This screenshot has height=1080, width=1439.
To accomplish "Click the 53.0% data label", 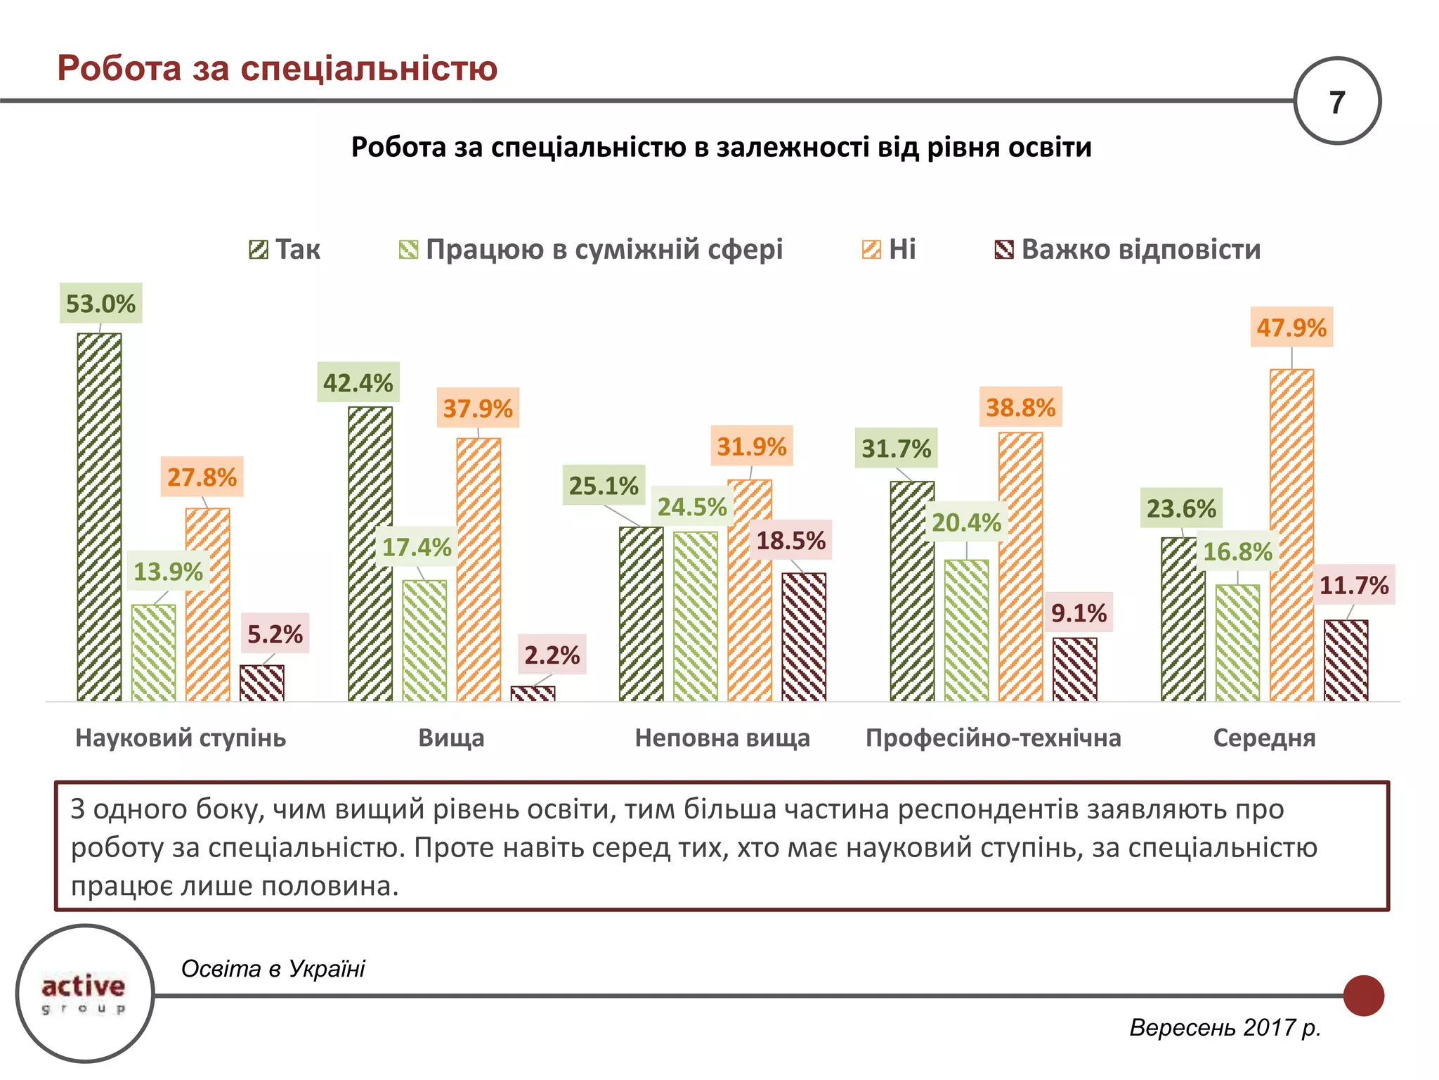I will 100,304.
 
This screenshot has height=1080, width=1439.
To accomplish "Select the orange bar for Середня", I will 1291,534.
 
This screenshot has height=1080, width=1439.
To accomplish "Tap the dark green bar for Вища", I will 370,553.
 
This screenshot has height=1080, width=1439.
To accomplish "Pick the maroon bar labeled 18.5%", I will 804,636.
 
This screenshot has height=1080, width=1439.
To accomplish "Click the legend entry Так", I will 285,250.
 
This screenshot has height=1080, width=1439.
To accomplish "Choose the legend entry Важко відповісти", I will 1128,250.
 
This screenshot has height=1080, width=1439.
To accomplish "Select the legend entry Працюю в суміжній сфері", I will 591,250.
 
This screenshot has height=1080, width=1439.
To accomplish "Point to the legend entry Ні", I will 890,250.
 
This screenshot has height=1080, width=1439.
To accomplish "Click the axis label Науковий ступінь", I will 181,738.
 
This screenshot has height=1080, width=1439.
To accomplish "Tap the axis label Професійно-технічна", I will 993,738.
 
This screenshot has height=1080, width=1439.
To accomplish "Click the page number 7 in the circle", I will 1336,102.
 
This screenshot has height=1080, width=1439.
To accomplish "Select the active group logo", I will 84,992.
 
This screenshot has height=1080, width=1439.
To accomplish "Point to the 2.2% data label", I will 552,655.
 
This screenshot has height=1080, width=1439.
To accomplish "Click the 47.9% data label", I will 1291,328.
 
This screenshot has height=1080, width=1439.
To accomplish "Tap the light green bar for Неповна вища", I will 696,616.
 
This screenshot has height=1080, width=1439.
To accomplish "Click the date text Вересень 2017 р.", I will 1225,1027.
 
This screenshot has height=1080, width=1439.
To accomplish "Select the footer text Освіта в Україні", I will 273,968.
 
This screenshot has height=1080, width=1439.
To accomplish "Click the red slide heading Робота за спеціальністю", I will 277,69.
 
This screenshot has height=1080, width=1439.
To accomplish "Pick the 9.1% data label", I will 1079,613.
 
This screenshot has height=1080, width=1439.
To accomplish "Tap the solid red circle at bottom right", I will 1363,995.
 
